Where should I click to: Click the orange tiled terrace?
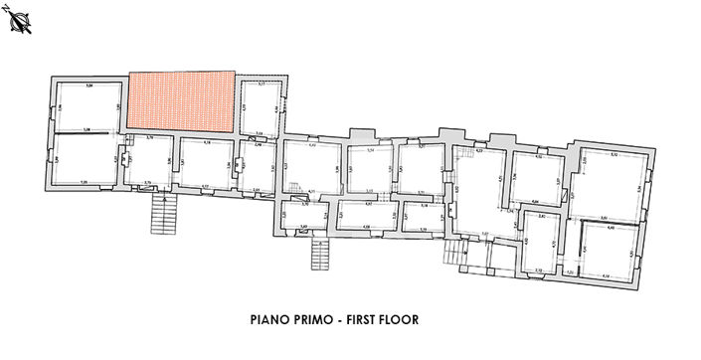click(181, 100)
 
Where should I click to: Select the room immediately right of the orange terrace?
click(261, 109)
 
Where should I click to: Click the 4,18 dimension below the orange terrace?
click(206, 142)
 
